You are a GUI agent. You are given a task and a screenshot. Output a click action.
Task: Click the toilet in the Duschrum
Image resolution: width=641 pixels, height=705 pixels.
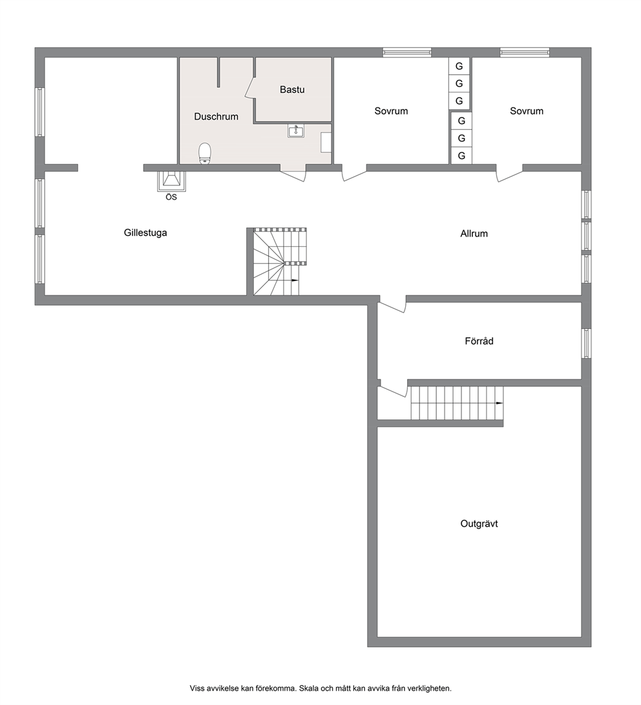click(x=205, y=153)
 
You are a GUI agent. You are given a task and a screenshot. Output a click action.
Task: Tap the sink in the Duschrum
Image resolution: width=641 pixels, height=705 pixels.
click(x=296, y=131)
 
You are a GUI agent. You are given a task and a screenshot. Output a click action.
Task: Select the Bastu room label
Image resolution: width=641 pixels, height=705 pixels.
click(x=292, y=89)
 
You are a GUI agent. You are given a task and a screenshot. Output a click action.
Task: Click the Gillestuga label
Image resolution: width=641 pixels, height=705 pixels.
click(x=145, y=233)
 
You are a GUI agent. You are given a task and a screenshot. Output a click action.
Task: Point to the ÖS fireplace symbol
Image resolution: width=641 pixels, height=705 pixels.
click(x=171, y=181)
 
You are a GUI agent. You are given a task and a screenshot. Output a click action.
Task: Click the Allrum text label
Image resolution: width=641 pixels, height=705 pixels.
click(x=474, y=233)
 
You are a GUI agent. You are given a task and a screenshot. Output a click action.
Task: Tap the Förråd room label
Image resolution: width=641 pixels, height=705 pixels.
click(x=479, y=341)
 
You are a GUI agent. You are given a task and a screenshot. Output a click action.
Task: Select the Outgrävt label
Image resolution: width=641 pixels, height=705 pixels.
click(x=479, y=523)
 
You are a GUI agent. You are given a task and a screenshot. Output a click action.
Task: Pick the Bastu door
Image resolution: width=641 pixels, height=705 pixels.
click(x=250, y=88)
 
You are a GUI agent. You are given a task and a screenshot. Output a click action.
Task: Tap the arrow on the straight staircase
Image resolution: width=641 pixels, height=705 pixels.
click(x=499, y=403)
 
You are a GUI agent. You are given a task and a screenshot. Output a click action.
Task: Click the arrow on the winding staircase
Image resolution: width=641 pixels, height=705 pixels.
click(x=295, y=280)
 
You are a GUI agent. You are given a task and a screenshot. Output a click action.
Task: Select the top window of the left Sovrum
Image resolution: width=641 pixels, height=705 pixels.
click(x=407, y=52)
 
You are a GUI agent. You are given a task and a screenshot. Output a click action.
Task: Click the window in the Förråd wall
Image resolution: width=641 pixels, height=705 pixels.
click(x=586, y=343)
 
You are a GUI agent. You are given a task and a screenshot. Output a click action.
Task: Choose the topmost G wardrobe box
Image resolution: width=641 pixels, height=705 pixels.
click(x=459, y=66)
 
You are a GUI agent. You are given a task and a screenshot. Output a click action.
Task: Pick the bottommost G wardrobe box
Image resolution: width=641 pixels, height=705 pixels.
click(x=461, y=156)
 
